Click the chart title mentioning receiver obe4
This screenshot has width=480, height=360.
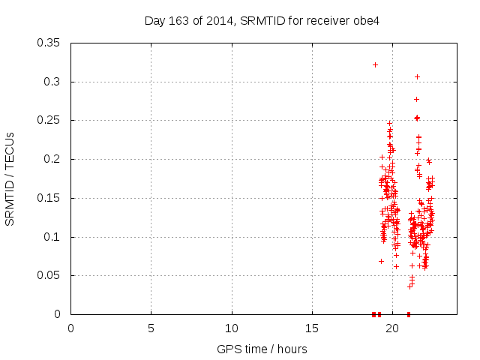pyautogui.click(x=262, y=20)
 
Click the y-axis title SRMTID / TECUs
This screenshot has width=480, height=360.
pyautogui.click(x=10, y=178)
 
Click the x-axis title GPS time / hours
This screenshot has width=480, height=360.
pyautogui.click(x=262, y=349)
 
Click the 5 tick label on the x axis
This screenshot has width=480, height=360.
pyautogui.click(x=151, y=328)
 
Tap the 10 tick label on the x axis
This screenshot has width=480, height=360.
pyautogui.click(x=232, y=328)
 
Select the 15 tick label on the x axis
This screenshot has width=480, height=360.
pyautogui.click(x=312, y=328)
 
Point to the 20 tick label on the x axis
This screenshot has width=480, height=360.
pyautogui.click(x=392, y=328)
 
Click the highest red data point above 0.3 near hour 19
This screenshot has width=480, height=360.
pyautogui.click(x=375, y=64)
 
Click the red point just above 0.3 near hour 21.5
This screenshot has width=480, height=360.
pyautogui.click(x=417, y=76)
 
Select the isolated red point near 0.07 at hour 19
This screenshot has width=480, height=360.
pyautogui.click(x=381, y=261)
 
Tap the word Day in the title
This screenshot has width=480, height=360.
pyautogui.click(x=155, y=20)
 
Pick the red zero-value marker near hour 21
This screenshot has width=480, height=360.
pyautogui.click(x=409, y=314)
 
